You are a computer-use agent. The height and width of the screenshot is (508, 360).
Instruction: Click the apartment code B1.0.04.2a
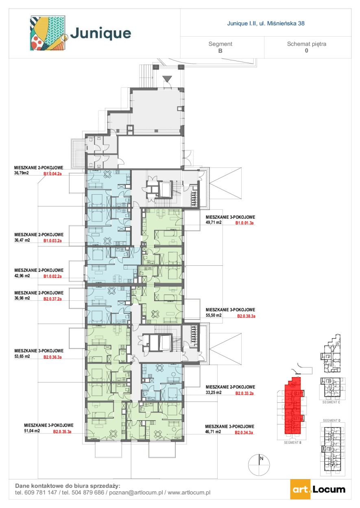click(x=52, y=174)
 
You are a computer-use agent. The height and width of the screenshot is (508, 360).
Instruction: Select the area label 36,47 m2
click(x=22, y=240)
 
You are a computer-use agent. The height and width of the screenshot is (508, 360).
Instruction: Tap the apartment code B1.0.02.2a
click(x=52, y=276)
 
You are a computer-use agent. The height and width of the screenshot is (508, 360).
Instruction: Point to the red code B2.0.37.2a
click(x=52, y=299)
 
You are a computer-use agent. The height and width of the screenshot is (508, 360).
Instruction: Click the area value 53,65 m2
click(x=22, y=356)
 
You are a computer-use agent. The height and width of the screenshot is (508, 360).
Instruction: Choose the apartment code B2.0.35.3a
click(x=62, y=432)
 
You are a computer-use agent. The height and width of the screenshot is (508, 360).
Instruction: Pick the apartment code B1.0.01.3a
click(x=244, y=223)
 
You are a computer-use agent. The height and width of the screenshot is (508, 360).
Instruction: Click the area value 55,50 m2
click(x=214, y=315)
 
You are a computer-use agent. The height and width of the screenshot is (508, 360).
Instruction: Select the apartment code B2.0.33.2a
click(x=244, y=393)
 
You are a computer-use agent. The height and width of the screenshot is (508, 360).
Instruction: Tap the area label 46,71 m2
click(x=213, y=432)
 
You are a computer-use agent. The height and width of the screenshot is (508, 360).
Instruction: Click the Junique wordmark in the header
click(x=100, y=34)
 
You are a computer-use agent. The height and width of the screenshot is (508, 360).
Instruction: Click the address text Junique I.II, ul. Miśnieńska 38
click(x=266, y=23)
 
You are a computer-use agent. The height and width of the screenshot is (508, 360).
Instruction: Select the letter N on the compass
click(x=262, y=458)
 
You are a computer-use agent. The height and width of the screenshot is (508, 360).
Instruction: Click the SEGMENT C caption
click(x=331, y=402)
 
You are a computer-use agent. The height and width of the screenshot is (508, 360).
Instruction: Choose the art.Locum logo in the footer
click(x=318, y=489)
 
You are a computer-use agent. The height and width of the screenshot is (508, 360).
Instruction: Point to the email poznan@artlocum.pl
click(x=136, y=492)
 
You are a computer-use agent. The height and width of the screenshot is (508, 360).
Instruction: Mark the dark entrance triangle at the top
click(x=167, y=79)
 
